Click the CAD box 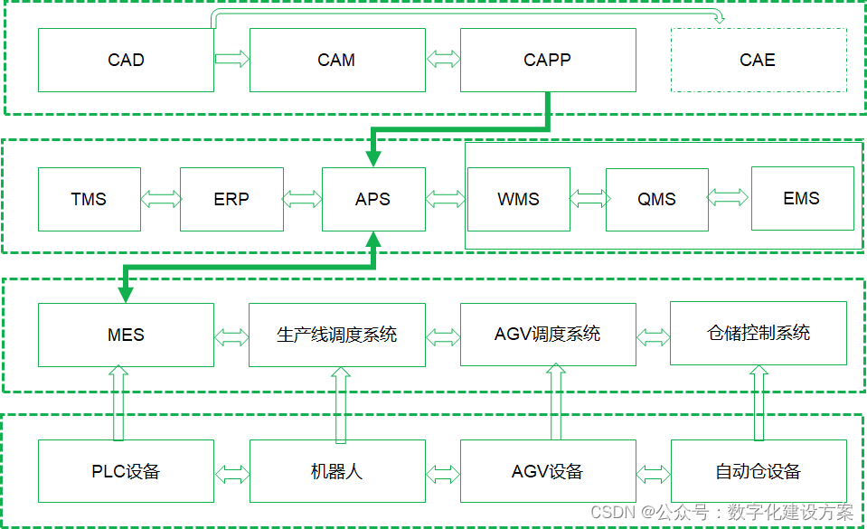(126, 61)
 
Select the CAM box (336, 61)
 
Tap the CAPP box (547, 61)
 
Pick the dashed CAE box (758, 61)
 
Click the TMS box (89, 199)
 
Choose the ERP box (231, 199)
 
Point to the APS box (372, 199)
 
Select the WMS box (518, 199)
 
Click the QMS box (656, 199)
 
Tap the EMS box (802, 198)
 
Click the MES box (126, 335)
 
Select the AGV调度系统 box (547, 335)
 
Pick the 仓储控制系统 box (758, 334)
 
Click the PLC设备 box (126, 471)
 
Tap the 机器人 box (336, 471)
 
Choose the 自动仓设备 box (758, 471)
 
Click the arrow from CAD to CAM (231, 60)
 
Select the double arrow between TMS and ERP (160, 199)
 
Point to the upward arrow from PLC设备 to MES (117, 402)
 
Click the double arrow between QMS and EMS (728, 197)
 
